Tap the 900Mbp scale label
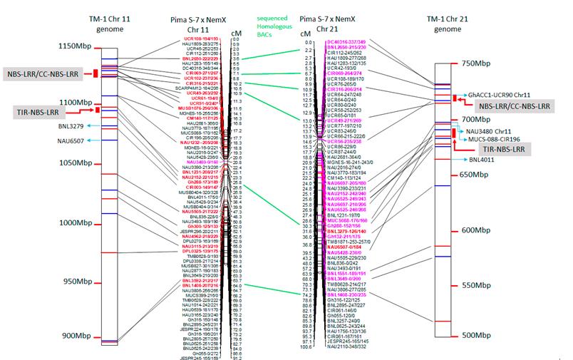coord(74,336)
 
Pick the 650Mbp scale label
coord(486,175)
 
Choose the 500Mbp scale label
coord(486,335)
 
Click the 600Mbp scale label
coord(486,231)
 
